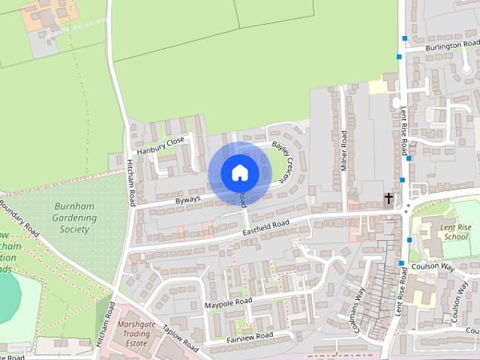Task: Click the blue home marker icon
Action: pyautogui.click(x=239, y=172)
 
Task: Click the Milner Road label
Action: pyautogui.click(x=344, y=150)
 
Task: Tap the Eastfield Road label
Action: pyautogui.click(x=265, y=227)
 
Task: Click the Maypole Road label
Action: pyautogui.click(x=228, y=304)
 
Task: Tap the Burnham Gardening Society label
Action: pyautogui.click(x=75, y=217)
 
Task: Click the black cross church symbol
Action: pyautogui.click(x=388, y=199)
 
